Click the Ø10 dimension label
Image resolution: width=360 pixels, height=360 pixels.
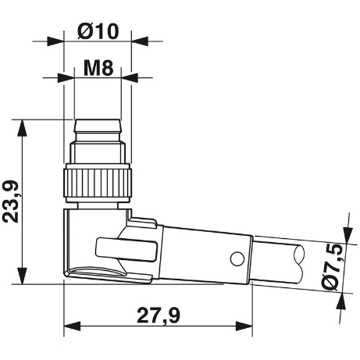click(x=98, y=32)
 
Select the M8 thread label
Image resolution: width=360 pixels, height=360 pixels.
click(x=98, y=68)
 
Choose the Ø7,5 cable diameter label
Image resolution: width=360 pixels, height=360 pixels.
click(x=334, y=267)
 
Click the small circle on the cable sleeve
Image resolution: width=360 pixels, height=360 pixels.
click(x=233, y=258)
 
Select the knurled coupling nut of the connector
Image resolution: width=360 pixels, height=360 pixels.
click(x=98, y=182)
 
